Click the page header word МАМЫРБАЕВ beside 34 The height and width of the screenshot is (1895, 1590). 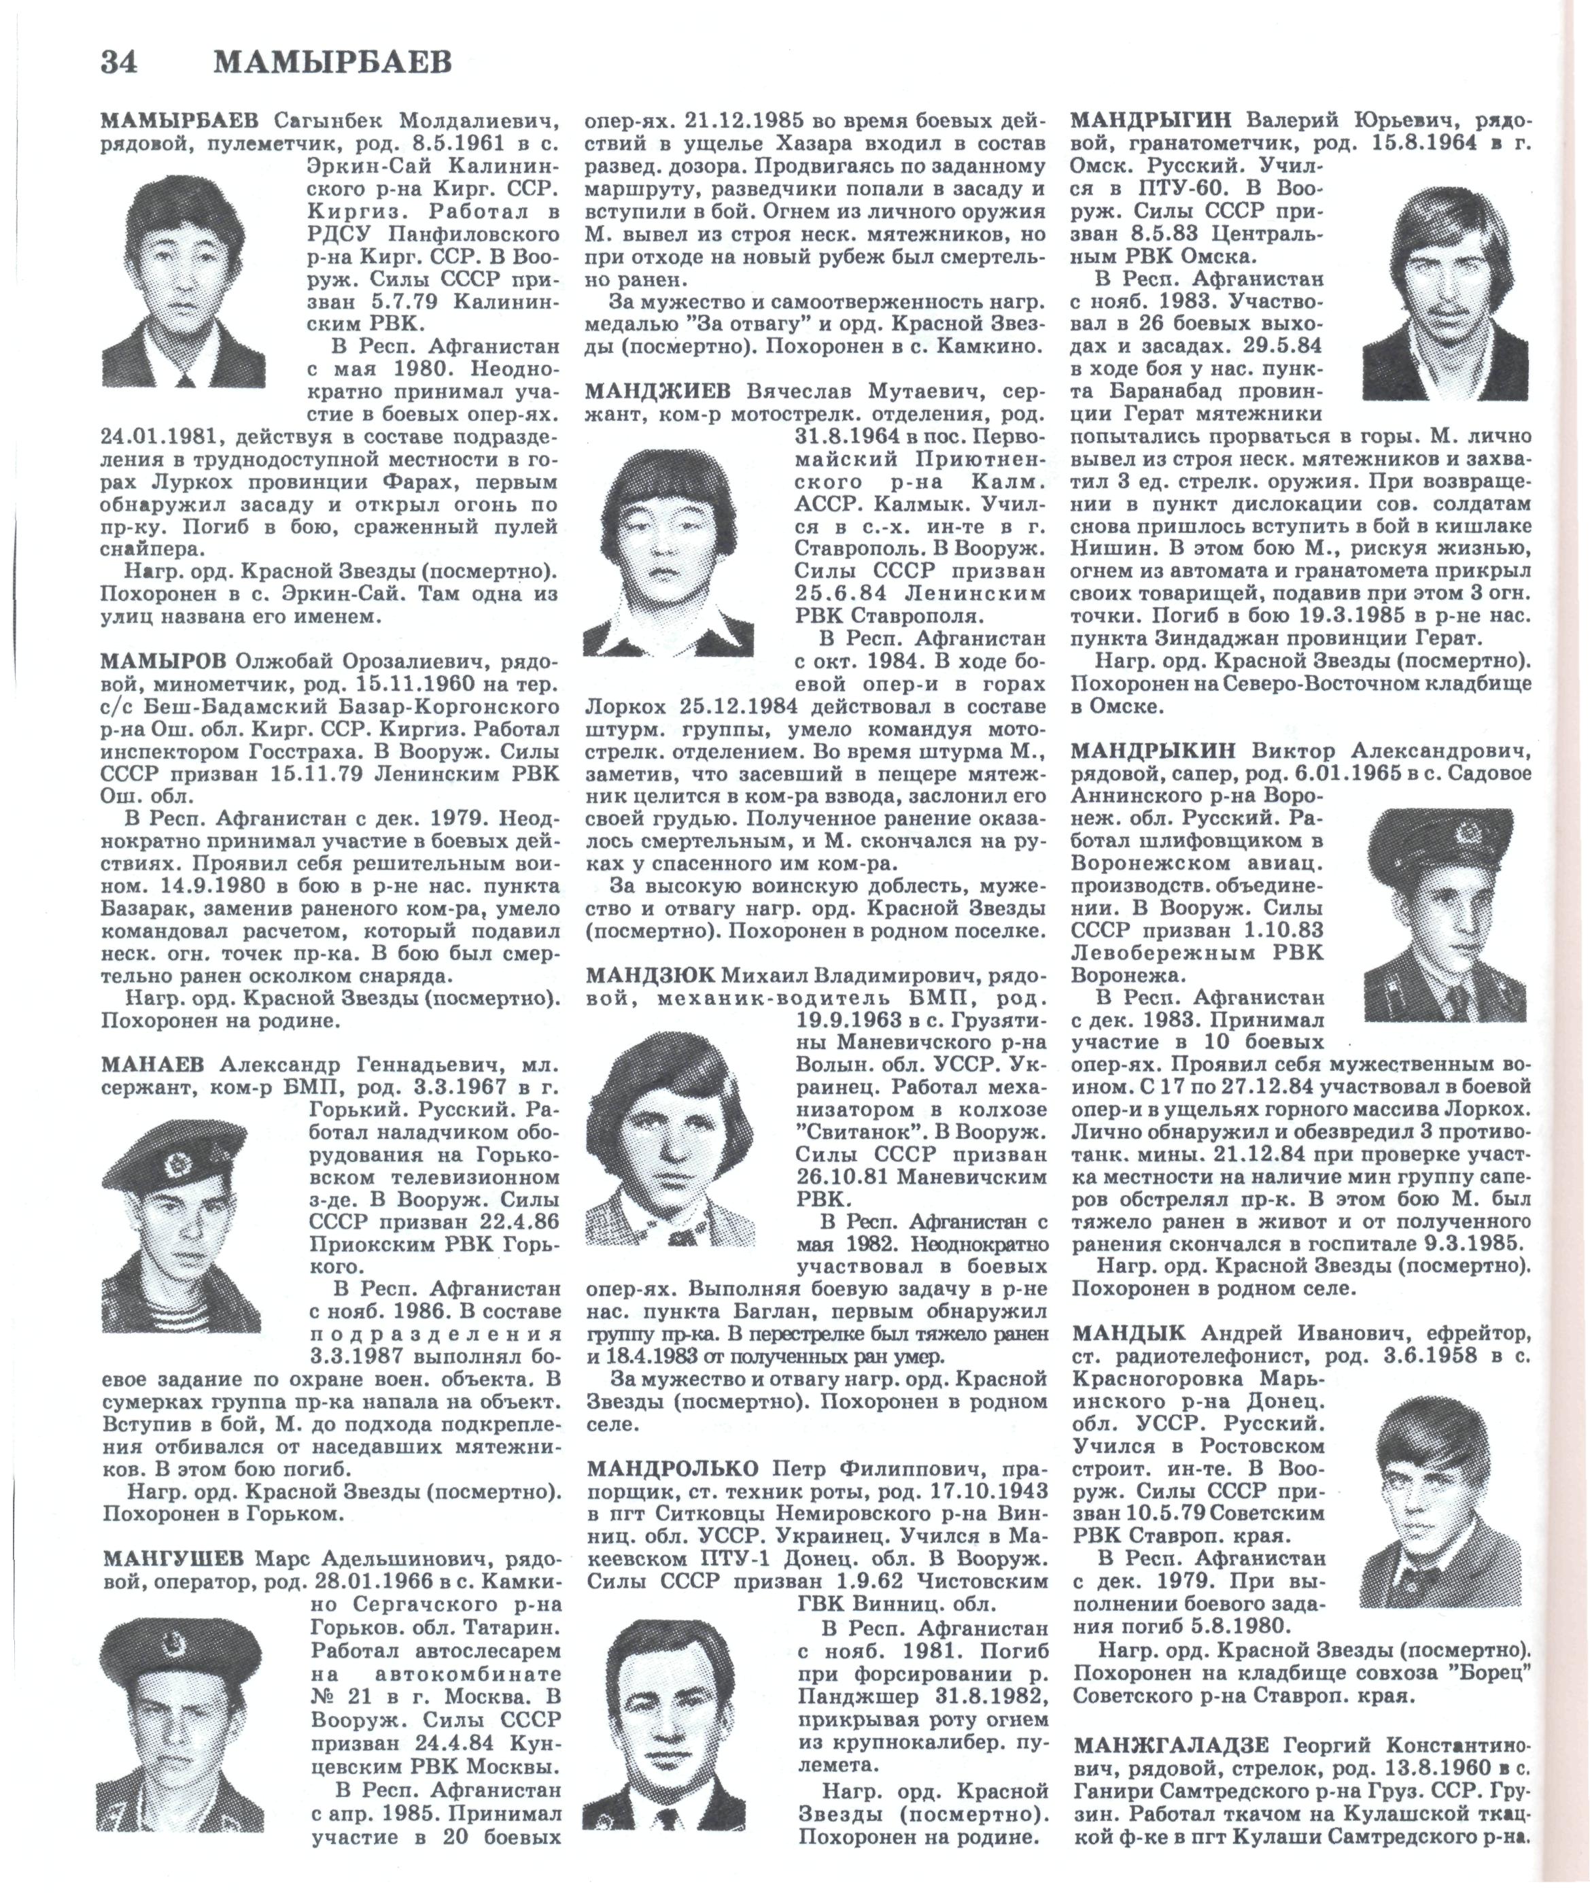pyautogui.click(x=333, y=63)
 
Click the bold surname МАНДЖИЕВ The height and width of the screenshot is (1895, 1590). pyautogui.click(x=661, y=391)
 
